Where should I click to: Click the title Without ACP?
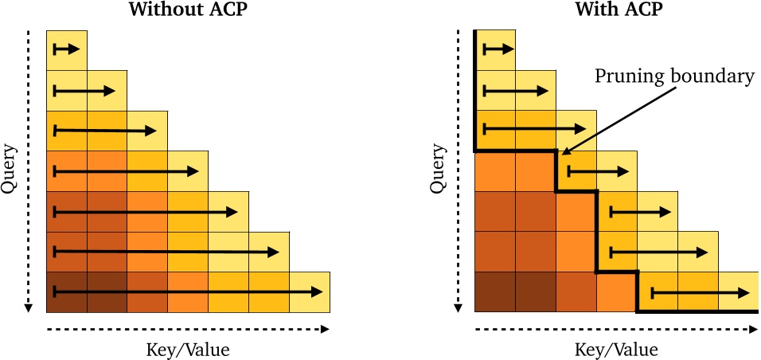click(x=188, y=11)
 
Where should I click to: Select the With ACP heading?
click(x=615, y=11)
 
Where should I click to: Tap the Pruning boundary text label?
click(x=674, y=77)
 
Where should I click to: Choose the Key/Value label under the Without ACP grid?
click(x=188, y=349)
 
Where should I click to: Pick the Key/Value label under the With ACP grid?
click(x=616, y=349)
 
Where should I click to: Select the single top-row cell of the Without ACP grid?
click(x=67, y=49)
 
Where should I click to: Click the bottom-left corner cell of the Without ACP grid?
click(x=67, y=292)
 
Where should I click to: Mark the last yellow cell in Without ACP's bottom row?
click(x=310, y=292)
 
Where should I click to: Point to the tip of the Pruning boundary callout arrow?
click(x=562, y=154)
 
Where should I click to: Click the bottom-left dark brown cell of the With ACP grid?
click(x=494, y=292)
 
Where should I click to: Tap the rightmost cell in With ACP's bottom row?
click(x=737, y=292)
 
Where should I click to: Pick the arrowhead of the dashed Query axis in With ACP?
click(x=457, y=307)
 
